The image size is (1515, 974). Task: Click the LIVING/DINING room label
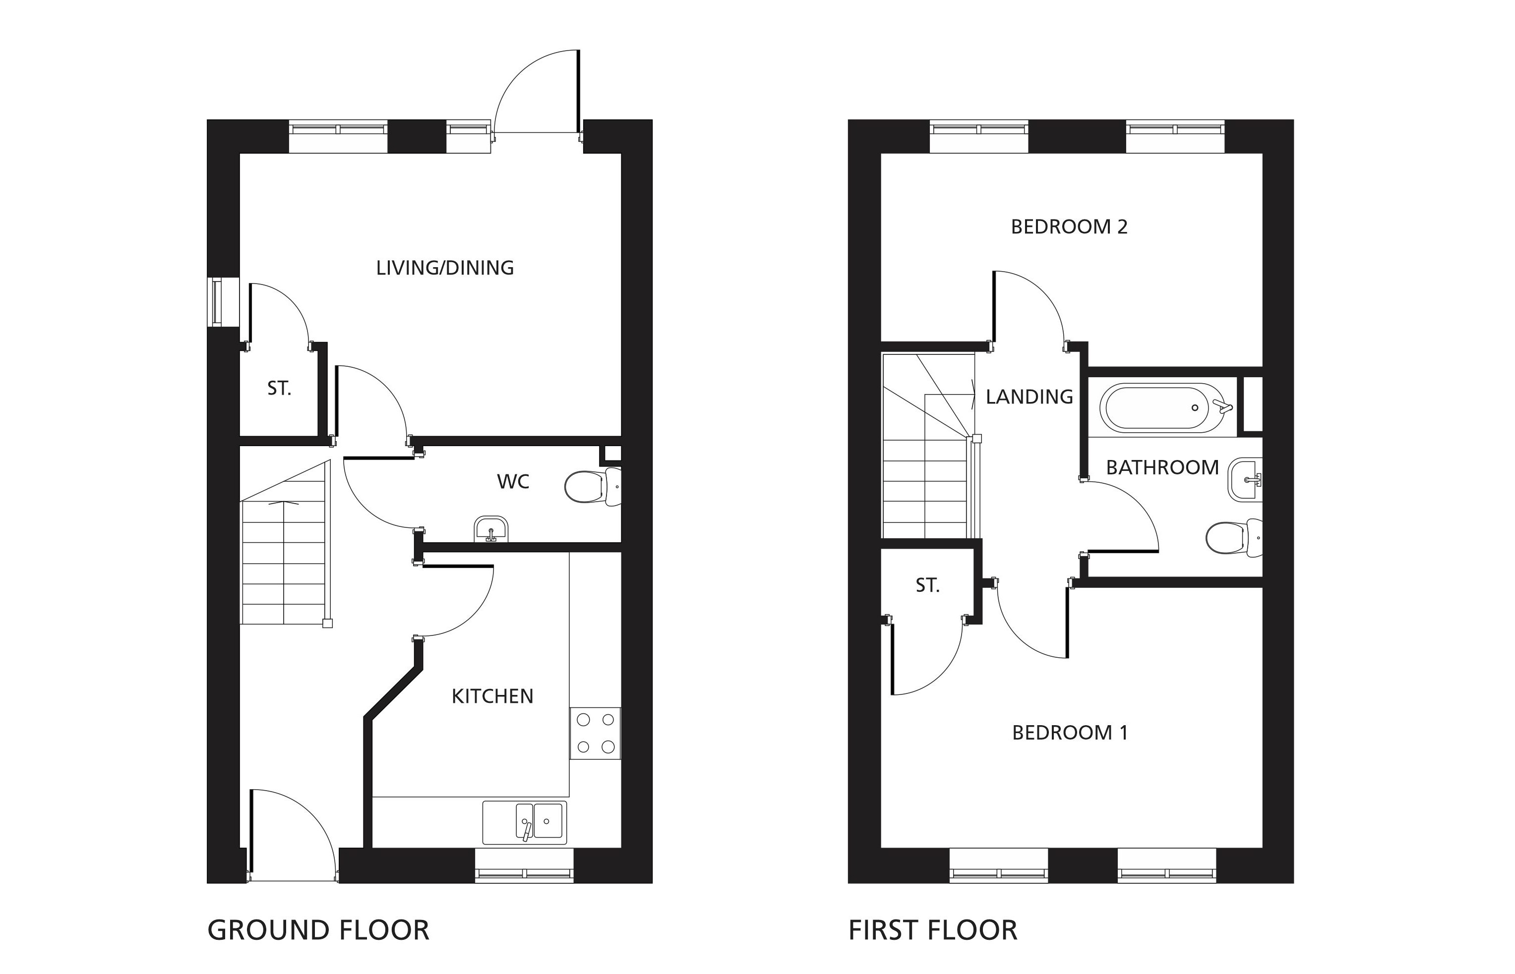pos(445,268)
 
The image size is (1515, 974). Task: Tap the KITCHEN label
pos(492,696)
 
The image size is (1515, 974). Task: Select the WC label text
pos(513,481)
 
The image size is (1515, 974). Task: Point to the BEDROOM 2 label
pos(1069,227)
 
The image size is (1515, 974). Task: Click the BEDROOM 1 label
pos(1070,733)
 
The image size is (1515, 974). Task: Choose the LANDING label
pos(1029,397)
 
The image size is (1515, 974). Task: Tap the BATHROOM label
pos(1162,467)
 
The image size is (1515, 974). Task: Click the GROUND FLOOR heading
pos(318,930)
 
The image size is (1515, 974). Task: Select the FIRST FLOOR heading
pos(932,930)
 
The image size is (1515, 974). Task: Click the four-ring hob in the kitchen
pos(595,733)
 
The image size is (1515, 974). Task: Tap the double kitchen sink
pos(524,823)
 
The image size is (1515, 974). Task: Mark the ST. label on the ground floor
pos(279,388)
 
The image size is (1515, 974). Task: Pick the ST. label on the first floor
pos(927,586)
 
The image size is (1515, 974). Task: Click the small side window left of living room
pos(216,302)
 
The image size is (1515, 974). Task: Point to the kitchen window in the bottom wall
pos(524,874)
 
